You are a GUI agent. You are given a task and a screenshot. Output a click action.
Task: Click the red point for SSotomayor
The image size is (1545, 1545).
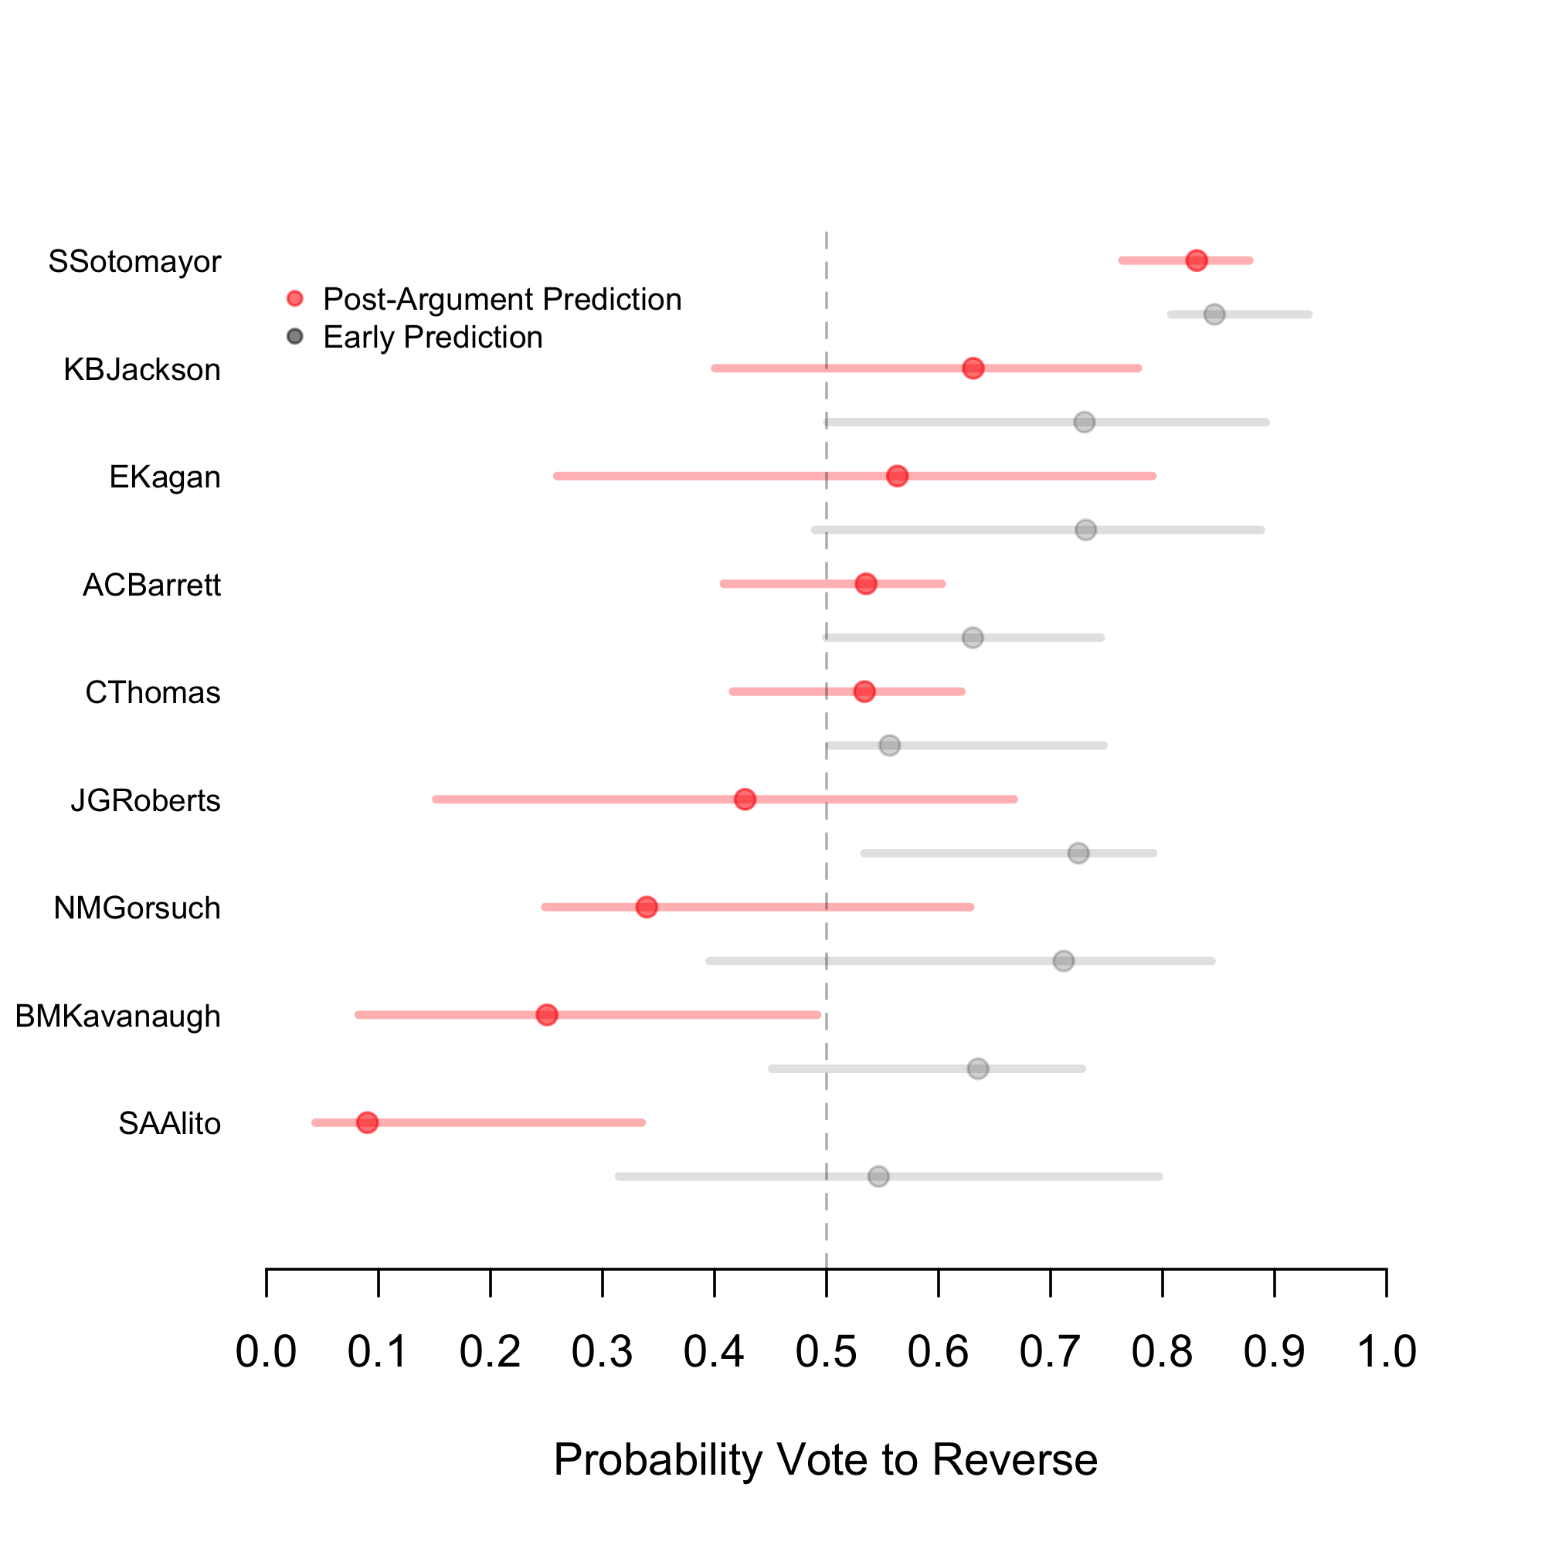(1197, 260)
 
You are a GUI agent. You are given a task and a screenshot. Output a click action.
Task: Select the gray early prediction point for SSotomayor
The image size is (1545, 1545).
(1214, 314)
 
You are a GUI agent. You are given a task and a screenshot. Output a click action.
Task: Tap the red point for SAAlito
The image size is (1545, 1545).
(367, 1122)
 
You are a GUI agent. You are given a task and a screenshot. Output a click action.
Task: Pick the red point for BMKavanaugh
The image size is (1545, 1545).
(547, 1015)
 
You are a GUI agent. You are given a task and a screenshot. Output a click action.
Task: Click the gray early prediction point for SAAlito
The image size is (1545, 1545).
(878, 1177)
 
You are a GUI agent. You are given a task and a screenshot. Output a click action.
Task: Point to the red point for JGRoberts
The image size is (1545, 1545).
(745, 800)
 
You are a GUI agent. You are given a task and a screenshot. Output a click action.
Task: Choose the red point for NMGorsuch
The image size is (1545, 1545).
(646, 907)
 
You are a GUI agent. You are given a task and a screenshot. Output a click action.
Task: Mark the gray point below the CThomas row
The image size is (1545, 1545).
(889, 745)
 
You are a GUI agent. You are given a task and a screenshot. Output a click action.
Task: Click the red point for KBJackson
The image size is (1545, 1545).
(973, 368)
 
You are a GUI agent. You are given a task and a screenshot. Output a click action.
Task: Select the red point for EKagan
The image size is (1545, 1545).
(897, 477)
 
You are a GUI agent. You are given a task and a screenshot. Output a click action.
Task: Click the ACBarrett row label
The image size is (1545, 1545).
(151, 586)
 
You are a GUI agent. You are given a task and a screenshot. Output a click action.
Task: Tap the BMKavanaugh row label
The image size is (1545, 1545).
(117, 1017)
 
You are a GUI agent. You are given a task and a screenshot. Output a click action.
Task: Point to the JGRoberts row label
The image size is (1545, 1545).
(145, 800)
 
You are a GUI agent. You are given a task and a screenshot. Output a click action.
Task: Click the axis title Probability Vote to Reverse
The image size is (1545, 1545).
(825, 1459)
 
